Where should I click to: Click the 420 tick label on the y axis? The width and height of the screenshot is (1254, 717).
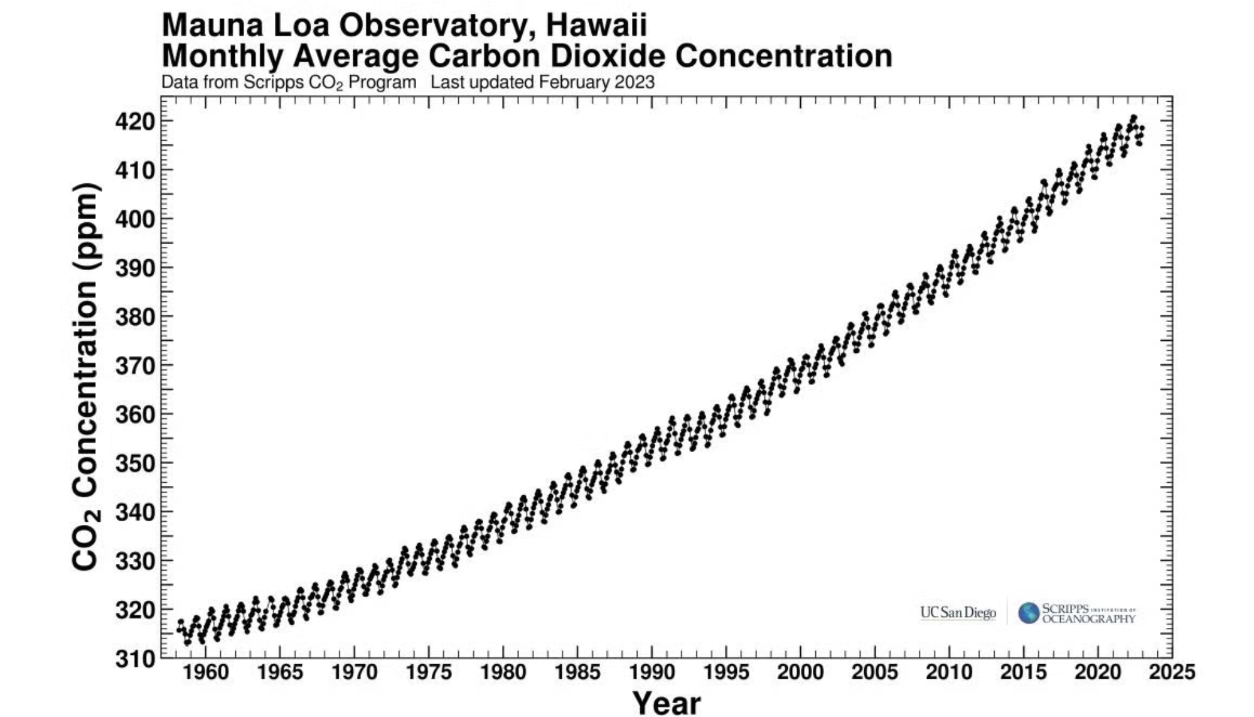pos(134,121)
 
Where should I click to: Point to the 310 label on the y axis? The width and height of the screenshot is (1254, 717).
pos(134,659)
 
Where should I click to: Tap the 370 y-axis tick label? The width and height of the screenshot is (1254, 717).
pos(134,365)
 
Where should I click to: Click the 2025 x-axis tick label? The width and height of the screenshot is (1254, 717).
pos(1172,672)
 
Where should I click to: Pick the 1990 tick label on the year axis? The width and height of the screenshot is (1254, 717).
pos(651,672)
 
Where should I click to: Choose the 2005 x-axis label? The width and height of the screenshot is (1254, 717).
pos(874,672)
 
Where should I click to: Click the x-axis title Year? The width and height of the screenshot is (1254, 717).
pos(666,703)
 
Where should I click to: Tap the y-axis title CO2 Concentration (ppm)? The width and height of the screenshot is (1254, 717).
pos(85,377)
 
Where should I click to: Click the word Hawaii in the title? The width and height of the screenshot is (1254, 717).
pos(596,25)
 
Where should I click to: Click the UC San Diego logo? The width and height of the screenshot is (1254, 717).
pos(958,612)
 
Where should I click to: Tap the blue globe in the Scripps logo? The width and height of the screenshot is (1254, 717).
pos(1029,613)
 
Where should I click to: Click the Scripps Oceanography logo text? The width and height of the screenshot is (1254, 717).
pos(1088,613)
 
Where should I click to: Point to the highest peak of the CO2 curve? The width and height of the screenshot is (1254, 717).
pos(1133,117)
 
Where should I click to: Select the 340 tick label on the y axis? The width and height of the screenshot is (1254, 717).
pos(134,512)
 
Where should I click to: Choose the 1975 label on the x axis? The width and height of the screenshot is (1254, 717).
pos(429,672)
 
